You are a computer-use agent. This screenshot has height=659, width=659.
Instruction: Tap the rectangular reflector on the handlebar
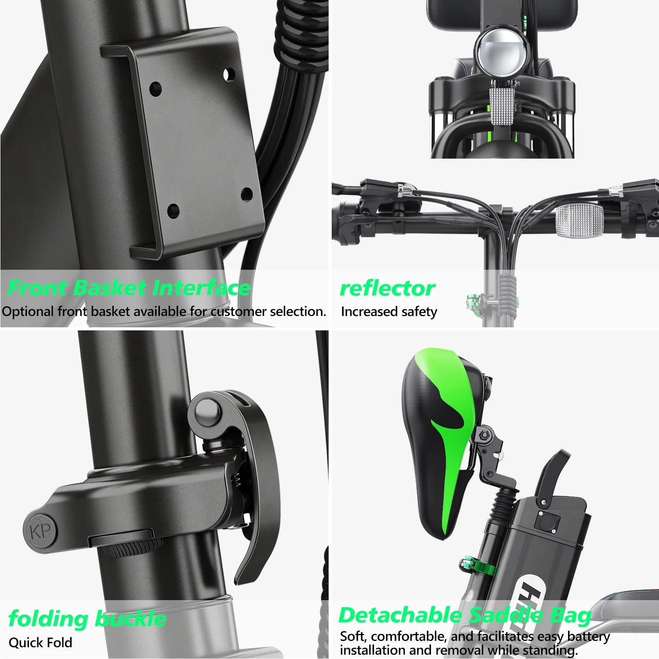pyautogui.click(x=580, y=221)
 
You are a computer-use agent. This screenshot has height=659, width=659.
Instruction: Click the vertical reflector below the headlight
pyautogui.click(x=502, y=107)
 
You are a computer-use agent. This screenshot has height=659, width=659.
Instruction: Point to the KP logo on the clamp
pyautogui.click(x=41, y=532)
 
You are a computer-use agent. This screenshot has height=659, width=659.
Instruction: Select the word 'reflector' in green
pyautogui.click(x=387, y=289)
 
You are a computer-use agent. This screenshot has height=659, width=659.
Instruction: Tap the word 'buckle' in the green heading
pyautogui.click(x=131, y=619)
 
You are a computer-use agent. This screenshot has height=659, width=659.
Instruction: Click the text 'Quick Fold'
pyautogui.click(x=40, y=643)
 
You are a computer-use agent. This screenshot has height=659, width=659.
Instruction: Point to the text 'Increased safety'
pyautogui.click(x=389, y=311)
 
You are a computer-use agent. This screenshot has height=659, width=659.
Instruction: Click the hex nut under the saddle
pyautogui.click(x=485, y=435)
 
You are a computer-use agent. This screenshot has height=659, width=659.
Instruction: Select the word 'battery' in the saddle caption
pyautogui.click(x=588, y=636)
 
